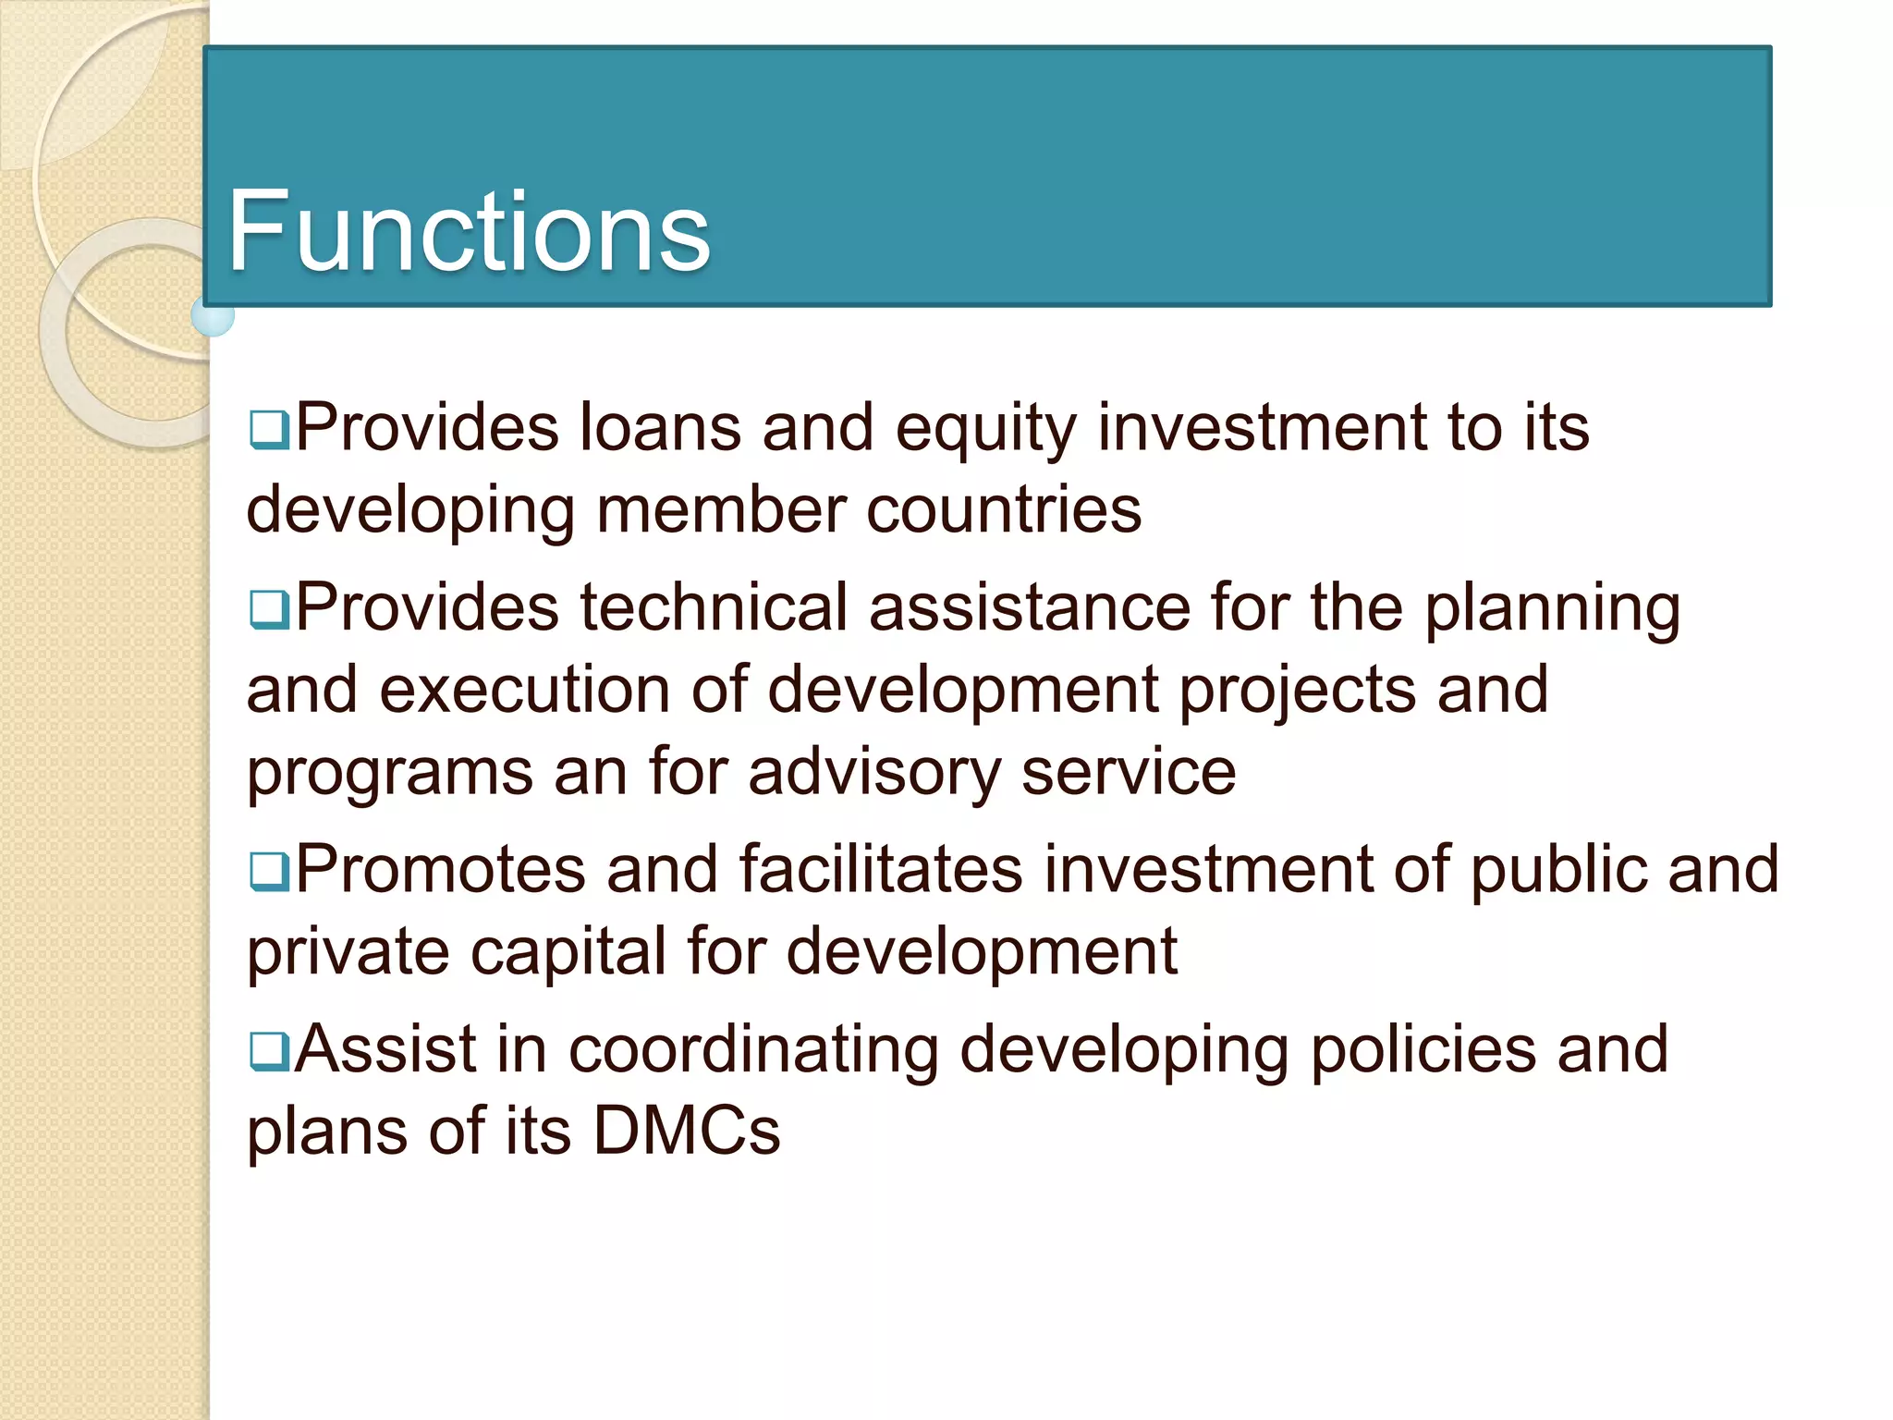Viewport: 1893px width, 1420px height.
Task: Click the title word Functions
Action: point(469,231)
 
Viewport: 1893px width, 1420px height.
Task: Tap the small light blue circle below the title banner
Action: point(214,316)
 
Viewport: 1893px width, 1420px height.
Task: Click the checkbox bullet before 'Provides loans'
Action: point(269,431)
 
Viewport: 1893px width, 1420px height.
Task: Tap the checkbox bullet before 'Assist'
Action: point(269,1052)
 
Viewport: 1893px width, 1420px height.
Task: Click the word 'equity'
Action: point(986,431)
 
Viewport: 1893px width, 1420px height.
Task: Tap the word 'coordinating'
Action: point(753,1050)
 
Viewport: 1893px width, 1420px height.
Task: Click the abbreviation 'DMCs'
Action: point(687,1131)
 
